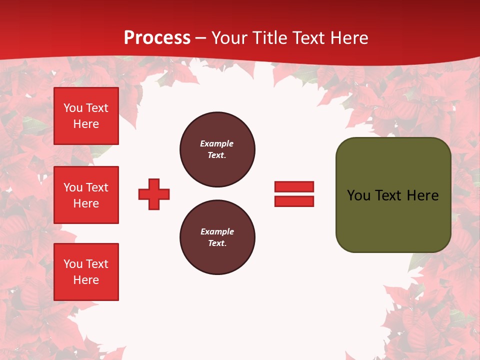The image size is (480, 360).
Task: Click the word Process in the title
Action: (x=157, y=38)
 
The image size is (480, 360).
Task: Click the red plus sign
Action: (x=154, y=194)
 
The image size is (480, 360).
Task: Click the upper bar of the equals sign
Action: (x=294, y=186)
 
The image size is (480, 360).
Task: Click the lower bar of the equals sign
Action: (x=294, y=201)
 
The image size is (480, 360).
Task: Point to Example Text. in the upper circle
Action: (x=217, y=149)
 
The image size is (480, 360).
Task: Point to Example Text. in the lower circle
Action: (x=217, y=237)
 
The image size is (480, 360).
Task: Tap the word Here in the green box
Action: (x=422, y=195)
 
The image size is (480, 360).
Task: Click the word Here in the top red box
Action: (x=86, y=124)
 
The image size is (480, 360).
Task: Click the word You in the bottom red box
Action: (x=73, y=264)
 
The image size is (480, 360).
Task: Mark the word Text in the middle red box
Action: (x=97, y=187)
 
